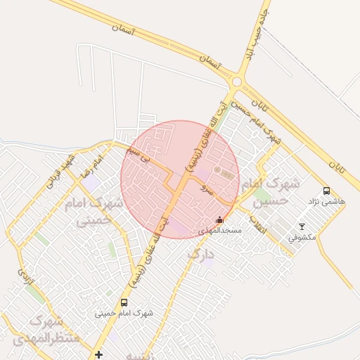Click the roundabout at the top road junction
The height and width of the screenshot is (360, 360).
click(237, 82)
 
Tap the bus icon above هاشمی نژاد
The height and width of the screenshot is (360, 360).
click(326, 191)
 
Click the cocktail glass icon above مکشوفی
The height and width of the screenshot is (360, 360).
click(302, 226)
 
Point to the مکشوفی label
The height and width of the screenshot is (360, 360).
click(302, 237)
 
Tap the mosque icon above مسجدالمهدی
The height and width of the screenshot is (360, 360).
click(220, 220)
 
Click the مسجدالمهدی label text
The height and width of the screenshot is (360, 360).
click(220, 231)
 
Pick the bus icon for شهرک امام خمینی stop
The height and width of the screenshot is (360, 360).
click(124, 302)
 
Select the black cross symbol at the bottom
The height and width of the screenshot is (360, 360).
click(98, 354)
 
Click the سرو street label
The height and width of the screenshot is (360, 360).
click(204, 188)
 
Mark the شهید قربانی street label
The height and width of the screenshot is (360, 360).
click(58, 172)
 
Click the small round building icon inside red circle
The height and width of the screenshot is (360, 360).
click(217, 170)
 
